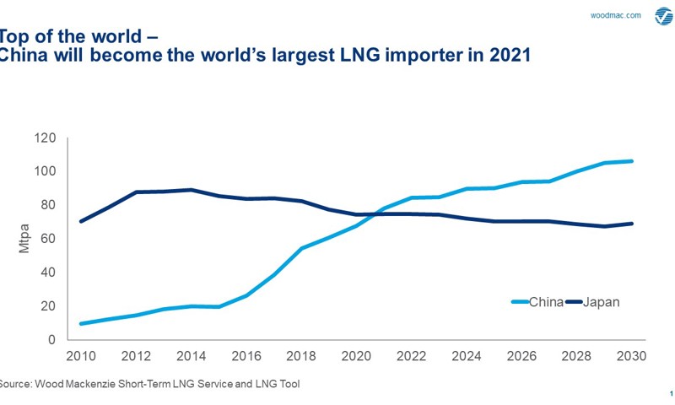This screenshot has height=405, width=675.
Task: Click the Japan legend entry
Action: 601,302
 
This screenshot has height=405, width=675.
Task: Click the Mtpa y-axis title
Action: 24,239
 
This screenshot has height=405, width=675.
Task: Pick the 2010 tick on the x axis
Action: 81,356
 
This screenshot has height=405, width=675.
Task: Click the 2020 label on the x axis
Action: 357,356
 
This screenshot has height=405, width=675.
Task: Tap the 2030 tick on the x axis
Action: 633,356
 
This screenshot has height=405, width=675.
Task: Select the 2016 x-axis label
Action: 246,356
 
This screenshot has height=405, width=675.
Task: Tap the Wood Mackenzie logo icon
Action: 662,16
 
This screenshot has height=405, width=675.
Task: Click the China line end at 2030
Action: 633,161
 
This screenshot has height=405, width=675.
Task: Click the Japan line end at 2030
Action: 633,224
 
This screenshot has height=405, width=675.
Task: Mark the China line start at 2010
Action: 81,323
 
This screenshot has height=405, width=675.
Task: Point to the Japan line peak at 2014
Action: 192,190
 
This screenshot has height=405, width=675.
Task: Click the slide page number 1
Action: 670,393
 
